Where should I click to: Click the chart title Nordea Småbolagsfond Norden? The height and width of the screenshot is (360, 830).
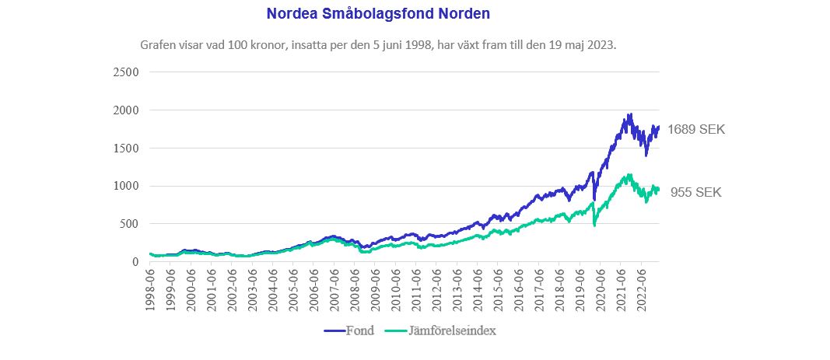pos(378,14)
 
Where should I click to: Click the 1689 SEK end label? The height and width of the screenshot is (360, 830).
pos(695,130)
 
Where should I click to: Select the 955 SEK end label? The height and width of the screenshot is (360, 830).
pos(695,192)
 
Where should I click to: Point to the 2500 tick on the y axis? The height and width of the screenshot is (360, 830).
pos(125,72)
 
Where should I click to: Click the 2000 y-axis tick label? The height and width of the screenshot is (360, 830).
pos(125,110)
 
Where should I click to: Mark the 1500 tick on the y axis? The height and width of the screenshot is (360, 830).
pos(125,148)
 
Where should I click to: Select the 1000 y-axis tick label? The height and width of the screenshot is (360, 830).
pos(125,186)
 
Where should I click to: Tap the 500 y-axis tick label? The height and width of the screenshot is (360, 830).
pos(128,224)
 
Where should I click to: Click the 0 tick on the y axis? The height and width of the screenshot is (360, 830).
pos(135,262)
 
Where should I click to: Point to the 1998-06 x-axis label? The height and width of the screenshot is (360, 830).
pos(149,288)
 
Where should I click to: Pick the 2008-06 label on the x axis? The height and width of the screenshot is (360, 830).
pos(354,288)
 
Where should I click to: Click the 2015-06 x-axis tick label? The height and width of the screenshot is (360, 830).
pos(498,288)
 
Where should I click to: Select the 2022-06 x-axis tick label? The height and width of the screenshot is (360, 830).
pos(642,288)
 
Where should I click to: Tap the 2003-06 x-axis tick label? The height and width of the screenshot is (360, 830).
pos(251,288)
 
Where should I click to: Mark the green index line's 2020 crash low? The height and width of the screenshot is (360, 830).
pos(594,225)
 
